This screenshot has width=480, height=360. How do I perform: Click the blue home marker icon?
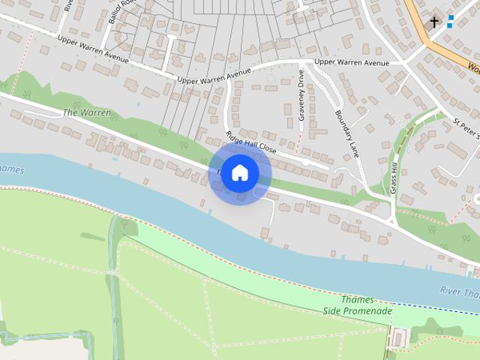[239, 173]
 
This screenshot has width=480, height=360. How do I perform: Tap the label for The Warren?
[87, 112]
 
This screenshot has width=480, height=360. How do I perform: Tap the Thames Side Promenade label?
[358, 305]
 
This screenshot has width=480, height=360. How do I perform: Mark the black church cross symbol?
[434, 23]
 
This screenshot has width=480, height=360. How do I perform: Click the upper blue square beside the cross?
[451, 16]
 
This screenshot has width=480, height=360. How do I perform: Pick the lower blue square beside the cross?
[450, 25]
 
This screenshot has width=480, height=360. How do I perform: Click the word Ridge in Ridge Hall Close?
[235, 136]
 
